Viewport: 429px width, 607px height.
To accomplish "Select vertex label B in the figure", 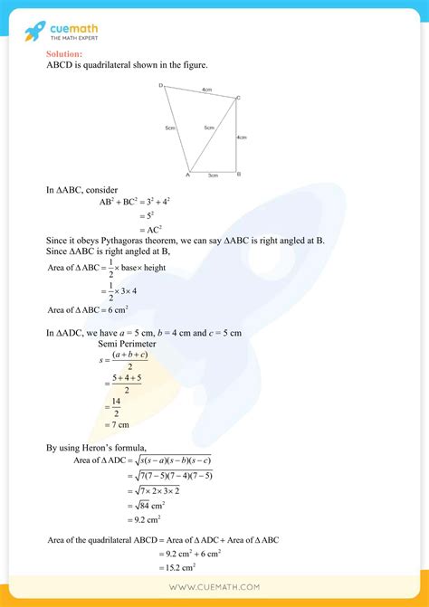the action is [238, 174].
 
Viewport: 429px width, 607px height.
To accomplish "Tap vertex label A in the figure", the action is [186, 175].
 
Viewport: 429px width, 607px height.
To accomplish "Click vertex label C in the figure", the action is [238, 97].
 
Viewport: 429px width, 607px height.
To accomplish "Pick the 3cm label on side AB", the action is [213, 175].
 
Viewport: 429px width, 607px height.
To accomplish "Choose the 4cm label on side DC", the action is [206, 89].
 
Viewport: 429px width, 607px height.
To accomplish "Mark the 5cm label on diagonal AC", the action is [209, 128].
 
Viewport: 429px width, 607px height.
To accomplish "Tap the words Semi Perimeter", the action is [127, 344].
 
